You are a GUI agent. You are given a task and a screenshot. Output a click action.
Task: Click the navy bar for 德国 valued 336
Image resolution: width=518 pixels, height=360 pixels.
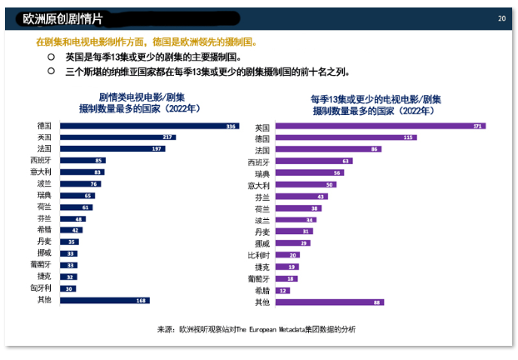pos(150,126)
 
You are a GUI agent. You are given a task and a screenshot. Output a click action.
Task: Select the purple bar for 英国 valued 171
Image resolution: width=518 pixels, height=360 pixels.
pos(380,127)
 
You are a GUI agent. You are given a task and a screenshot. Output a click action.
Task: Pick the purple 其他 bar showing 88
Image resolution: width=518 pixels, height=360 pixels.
pos(328,302)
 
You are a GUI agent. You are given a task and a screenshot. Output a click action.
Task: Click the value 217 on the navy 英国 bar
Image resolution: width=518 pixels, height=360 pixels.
pos(168,137)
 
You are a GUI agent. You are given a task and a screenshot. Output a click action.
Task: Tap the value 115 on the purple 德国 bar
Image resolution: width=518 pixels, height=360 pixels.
pos(409,137)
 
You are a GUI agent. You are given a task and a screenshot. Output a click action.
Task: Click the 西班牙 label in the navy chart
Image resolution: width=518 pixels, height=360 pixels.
pos(41,160)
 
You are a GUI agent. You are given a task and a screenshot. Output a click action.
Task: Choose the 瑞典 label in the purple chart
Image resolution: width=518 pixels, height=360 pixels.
pos(262,173)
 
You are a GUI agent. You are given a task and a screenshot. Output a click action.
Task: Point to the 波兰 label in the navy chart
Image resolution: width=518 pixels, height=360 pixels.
pos(44,183)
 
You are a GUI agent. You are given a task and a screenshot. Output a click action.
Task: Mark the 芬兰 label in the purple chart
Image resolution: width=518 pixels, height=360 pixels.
pos(262,197)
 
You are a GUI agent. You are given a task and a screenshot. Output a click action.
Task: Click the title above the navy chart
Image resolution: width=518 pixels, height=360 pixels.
pos(140,103)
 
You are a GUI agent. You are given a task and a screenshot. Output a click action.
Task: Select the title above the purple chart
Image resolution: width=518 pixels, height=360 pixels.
pos(375,104)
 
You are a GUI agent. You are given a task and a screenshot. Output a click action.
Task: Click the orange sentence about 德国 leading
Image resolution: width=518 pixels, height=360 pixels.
pos(146,42)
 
